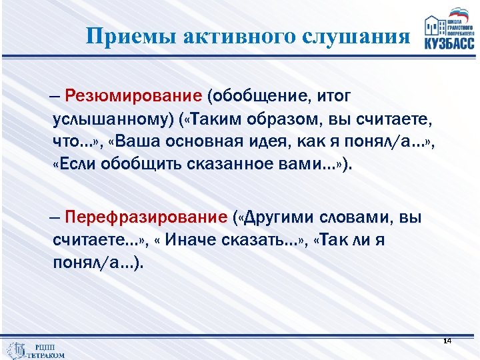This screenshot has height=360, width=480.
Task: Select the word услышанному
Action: (x=104, y=119)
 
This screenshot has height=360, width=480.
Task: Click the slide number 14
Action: (x=447, y=341)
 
